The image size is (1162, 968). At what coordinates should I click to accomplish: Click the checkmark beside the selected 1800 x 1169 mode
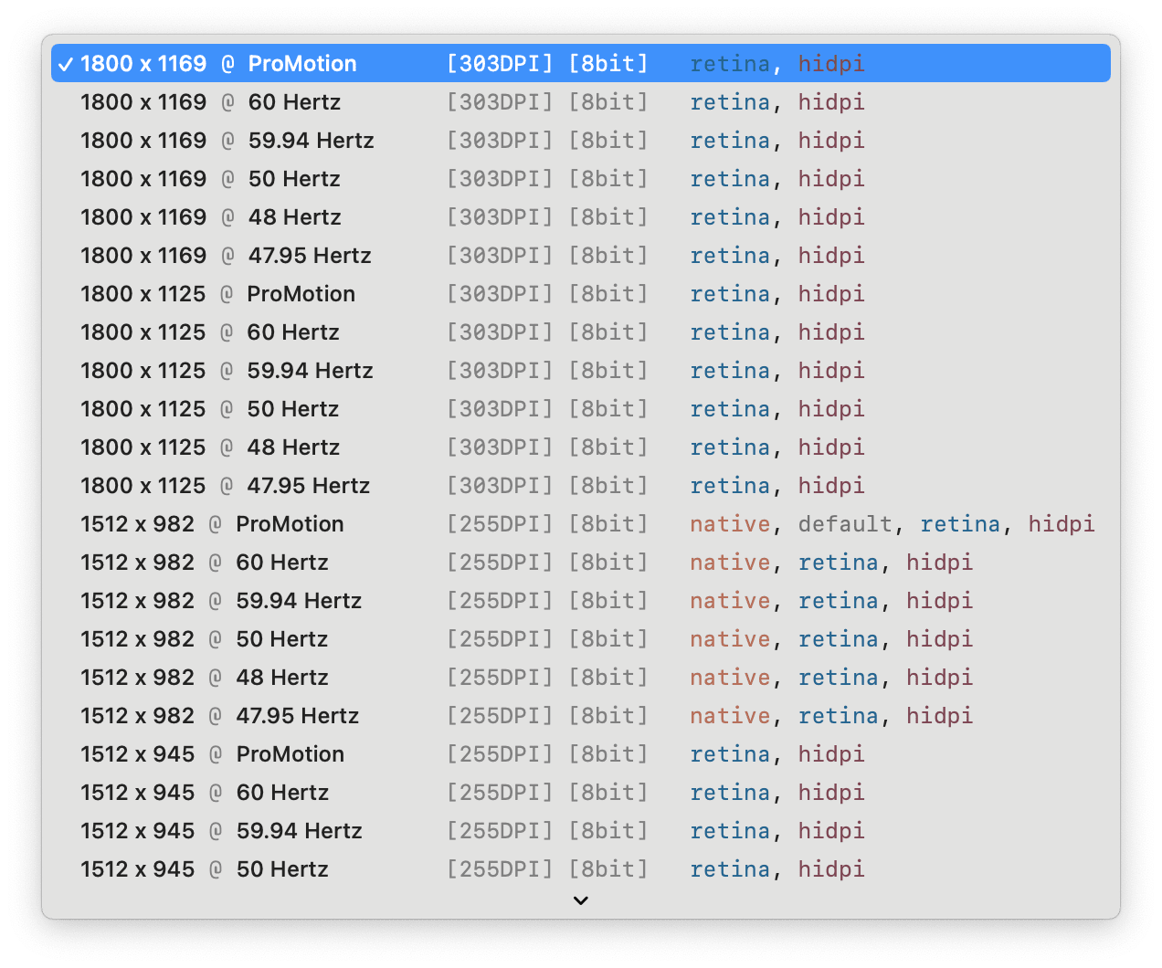pyautogui.click(x=65, y=65)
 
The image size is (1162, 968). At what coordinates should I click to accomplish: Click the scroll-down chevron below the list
pyautogui.click(x=580, y=900)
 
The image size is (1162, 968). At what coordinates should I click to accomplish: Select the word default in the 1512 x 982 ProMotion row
pyautogui.click(x=845, y=524)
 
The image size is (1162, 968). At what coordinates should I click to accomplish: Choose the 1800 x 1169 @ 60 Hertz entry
pyautogui.click(x=210, y=102)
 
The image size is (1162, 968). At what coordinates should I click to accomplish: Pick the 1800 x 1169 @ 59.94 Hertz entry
pyautogui.click(x=227, y=141)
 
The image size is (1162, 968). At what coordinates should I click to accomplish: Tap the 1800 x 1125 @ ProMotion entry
pyautogui.click(x=217, y=294)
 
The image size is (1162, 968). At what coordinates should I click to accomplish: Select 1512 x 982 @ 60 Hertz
pyautogui.click(x=205, y=563)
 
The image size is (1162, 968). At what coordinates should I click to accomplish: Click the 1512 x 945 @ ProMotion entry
pyautogui.click(x=213, y=754)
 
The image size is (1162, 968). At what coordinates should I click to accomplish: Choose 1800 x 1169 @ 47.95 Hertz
pyautogui.click(x=226, y=256)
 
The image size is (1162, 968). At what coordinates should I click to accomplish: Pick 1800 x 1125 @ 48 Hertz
pyautogui.click(x=210, y=447)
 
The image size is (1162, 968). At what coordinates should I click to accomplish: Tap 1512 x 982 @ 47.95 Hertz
pyautogui.click(x=220, y=716)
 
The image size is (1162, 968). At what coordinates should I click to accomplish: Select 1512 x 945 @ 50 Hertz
pyautogui.click(x=205, y=869)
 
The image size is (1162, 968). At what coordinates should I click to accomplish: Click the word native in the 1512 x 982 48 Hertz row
pyautogui.click(x=730, y=678)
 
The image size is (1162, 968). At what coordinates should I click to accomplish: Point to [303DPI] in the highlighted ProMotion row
pyautogui.click(x=500, y=64)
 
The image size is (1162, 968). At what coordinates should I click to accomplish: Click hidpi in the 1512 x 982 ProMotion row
pyautogui.click(x=1061, y=524)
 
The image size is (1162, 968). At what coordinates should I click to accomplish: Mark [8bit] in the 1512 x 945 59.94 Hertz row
pyautogui.click(x=608, y=831)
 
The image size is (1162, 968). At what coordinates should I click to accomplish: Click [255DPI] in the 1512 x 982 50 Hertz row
pyautogui.click(x=500, y=639)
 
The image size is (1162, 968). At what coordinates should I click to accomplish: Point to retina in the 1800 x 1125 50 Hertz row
pyautogui.click(x=730, y=409)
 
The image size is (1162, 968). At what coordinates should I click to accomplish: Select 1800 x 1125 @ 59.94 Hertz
pyautogui.click(x=227, y=371)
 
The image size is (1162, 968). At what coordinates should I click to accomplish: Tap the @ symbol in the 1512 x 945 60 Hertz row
pyautogui.click(x=216, y=793)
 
